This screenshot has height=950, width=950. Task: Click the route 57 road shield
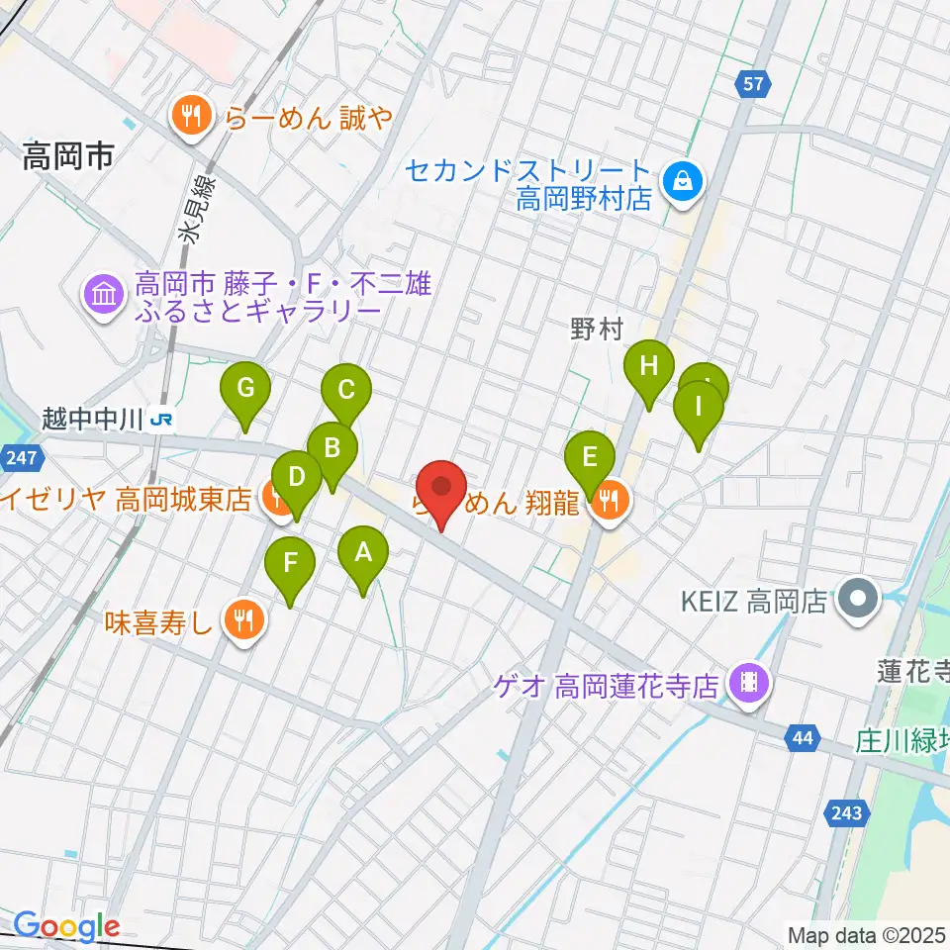(754, 84)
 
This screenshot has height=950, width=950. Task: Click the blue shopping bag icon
(682, 180)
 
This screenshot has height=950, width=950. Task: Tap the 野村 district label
(596, 329)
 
